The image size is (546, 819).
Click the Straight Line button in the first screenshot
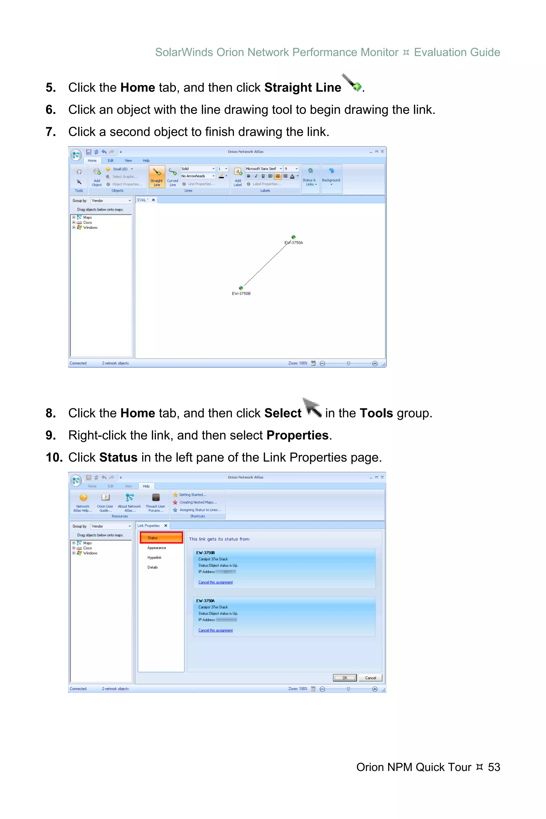click(x=157, y=176)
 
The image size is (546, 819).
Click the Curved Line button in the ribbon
click(x=172, y=176)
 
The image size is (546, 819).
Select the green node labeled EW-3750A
click(x=294, y=237)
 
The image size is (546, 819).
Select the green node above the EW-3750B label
click(x=241, y=288)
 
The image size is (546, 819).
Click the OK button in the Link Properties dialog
click(x=345, y=678)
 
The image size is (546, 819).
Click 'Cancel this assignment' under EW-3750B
click(x=215, y=582)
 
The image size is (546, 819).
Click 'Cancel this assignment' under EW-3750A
click(x=215, y=630)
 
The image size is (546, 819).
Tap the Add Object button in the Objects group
click(x=97, y=176)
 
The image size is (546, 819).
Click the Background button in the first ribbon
click(x=331, y=176)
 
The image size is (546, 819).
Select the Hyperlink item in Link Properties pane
click(x=154, y=557)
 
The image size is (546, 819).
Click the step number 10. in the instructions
click(x=54, y=457)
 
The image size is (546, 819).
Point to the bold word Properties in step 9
click(x=297, y=435)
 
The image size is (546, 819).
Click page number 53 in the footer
click(x=494, y=767)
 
